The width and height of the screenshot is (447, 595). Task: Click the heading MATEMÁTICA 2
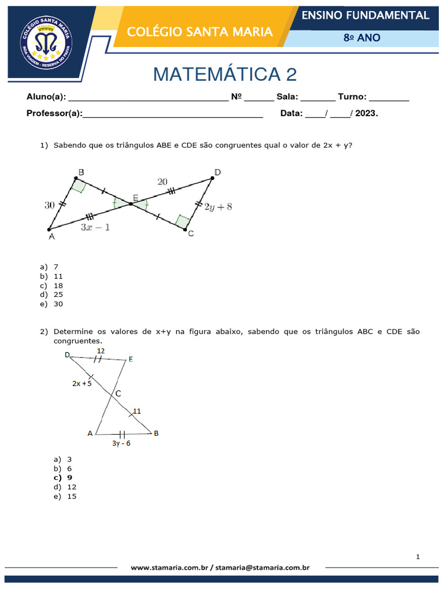pos(225,74)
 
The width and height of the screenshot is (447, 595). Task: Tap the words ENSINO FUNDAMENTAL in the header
pos(366,15)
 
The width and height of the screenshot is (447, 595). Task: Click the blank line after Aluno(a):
pos(148,98)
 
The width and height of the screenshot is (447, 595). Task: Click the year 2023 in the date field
pos(366,114)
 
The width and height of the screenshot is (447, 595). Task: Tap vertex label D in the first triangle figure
pos(218,172)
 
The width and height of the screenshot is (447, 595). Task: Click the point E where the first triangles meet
pos(130,203)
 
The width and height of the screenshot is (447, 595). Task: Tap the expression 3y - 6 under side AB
pos(122,443)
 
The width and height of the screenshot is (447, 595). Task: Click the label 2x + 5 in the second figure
pos(82,383)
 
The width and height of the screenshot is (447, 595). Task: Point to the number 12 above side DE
pos(101,351)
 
